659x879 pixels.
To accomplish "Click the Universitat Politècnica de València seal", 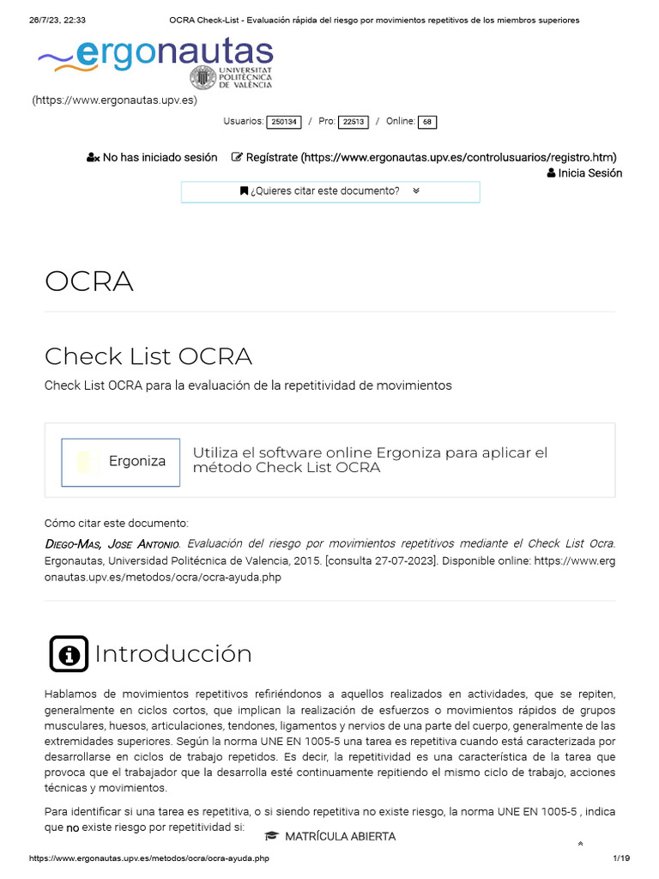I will pos(203,78).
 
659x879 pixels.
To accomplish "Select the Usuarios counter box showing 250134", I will pos(284,122).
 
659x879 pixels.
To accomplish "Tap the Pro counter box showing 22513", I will pos(354,122).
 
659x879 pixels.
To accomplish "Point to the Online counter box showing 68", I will pos(426,122).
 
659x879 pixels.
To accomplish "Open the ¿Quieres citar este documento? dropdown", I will pos(330,191).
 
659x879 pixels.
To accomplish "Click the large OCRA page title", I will pos(89,282).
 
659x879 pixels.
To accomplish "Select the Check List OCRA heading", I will pos(148,355).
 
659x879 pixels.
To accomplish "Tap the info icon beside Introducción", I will pos(69,654).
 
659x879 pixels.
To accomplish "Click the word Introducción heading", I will pos(173,654).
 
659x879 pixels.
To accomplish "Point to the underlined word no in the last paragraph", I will pos(73,828).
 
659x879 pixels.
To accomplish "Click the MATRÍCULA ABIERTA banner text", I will pos(340,836).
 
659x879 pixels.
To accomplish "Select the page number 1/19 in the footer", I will pos(621,858).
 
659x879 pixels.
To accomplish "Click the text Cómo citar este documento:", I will pos(116,523).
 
